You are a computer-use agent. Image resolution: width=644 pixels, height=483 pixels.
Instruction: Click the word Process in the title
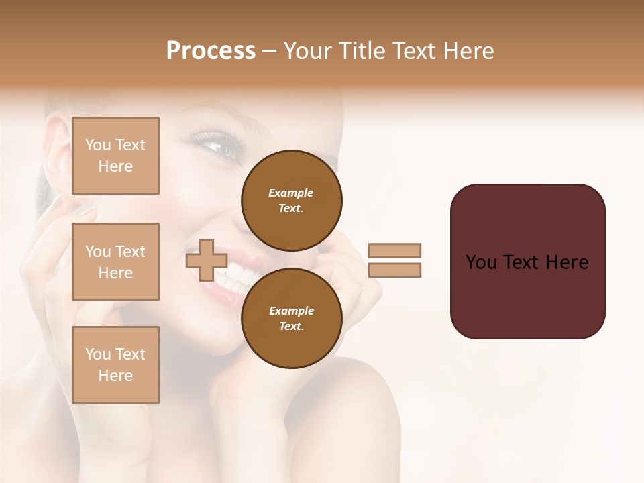211,51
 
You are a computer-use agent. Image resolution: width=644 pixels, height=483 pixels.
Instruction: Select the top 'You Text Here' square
115,156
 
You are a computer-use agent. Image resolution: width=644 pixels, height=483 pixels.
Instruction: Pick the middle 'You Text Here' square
115,262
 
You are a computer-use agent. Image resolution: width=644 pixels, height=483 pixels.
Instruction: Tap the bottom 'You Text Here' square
115,365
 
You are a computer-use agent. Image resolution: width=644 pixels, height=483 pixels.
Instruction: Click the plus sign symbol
206,260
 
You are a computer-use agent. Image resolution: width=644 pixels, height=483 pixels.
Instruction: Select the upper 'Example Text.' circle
291,200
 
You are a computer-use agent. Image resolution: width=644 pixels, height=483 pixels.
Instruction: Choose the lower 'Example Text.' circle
291,318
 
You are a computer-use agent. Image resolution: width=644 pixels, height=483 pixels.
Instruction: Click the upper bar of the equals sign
394,250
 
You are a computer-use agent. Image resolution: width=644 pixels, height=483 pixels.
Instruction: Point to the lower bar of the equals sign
394,270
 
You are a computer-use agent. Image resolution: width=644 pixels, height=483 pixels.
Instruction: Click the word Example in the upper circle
291,193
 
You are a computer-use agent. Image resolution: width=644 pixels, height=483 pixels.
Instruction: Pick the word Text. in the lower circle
291,326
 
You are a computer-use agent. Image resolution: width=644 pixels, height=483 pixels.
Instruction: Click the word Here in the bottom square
115,376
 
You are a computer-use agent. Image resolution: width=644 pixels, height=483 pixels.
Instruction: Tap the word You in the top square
97,145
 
